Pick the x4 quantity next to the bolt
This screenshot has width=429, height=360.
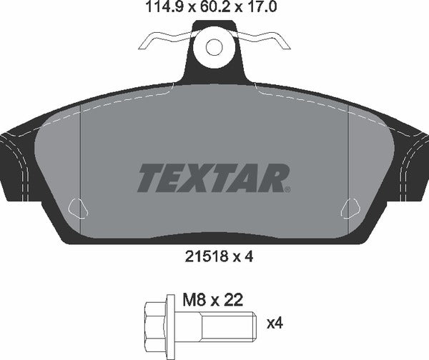tap(275, 324)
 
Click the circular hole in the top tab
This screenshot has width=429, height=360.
tap(214, 46)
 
